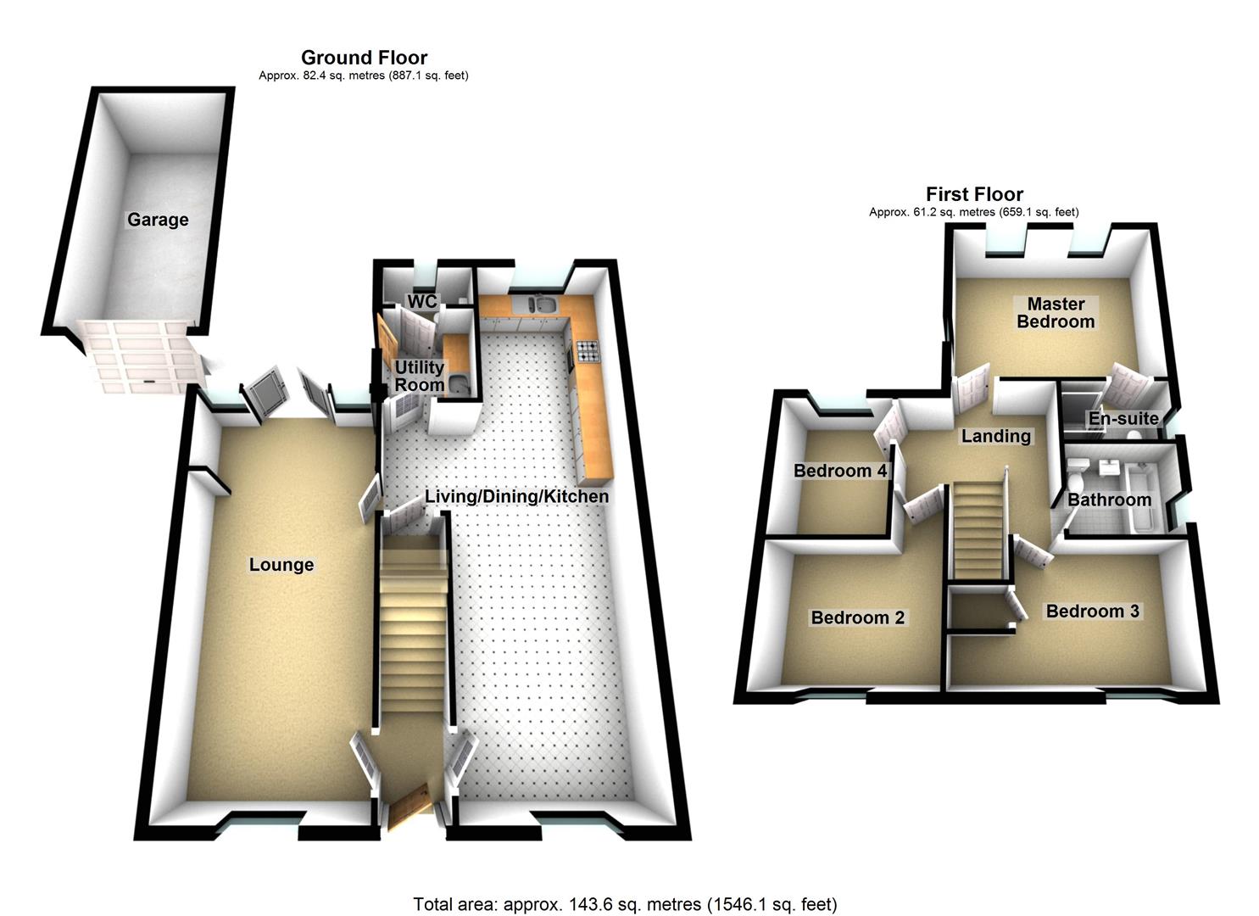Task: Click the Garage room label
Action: coord(158,220)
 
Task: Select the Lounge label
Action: coord(281,565)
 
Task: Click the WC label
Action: coord(422,302)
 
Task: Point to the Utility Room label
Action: coord(419,376)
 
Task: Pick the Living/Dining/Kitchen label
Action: coord(516,496)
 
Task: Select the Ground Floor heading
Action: coord(364,58)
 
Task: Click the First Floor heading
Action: coord(974,194)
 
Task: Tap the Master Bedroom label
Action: coord(1056,313)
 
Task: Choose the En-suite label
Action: coord(1123,418)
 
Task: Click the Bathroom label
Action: coord(1109,500)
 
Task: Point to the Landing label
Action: coord(995,436)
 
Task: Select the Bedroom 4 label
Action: coord(840,471)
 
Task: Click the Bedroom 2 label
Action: coord(857,617)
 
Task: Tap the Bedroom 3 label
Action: coord(1092,612)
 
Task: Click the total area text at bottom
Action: coord(625,904)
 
